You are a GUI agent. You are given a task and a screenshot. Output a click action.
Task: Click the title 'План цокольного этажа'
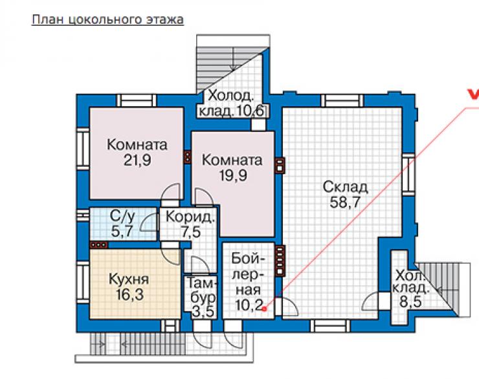pos(107,19)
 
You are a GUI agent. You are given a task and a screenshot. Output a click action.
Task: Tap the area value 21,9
pos(137,160)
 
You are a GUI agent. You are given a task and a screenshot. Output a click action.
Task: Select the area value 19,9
pos(233,175)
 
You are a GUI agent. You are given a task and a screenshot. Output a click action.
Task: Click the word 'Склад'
pos(345,187)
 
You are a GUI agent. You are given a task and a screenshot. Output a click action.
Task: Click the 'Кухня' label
pos(129,279)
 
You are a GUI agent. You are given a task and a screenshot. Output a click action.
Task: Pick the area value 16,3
pos(129,294)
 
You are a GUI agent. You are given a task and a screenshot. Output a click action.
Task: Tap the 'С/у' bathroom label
pos(122,216)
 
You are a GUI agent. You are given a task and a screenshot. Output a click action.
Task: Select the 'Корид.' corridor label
pos(190,217)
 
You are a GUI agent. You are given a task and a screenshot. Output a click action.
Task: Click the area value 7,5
pos(190,232)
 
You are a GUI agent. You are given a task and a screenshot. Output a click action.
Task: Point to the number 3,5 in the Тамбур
pos(203,312)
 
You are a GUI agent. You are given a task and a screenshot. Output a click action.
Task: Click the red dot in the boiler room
pos(265,309)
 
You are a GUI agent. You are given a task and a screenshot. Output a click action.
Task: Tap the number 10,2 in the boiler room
pos(249,304)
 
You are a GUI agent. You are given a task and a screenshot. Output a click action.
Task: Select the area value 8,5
pos(411,302)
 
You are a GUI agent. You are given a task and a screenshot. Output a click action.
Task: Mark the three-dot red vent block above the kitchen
pos(98,244)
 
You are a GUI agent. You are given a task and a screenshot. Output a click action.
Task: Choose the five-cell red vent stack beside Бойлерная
pos(280,261)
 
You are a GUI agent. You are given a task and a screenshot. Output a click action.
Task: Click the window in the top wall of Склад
pos(342,101)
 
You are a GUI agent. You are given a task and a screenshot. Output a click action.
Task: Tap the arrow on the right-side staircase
pos(440,290)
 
